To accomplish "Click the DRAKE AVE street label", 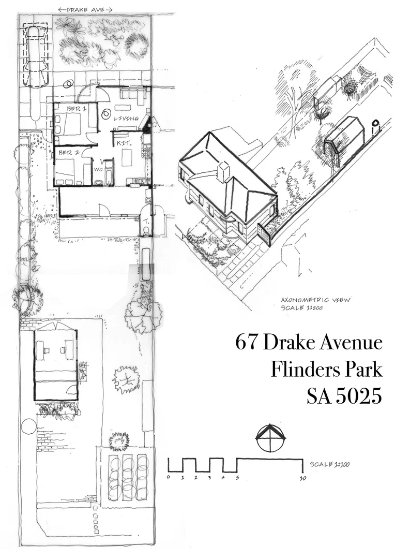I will (86, 9).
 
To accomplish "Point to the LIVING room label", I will (127, 119).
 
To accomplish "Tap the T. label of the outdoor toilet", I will (146, 219).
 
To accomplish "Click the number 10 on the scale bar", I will (302, 478).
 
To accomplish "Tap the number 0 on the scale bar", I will (169, 477).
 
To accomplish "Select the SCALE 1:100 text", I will (329, 464).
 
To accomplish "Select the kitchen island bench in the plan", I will (127, 157).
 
